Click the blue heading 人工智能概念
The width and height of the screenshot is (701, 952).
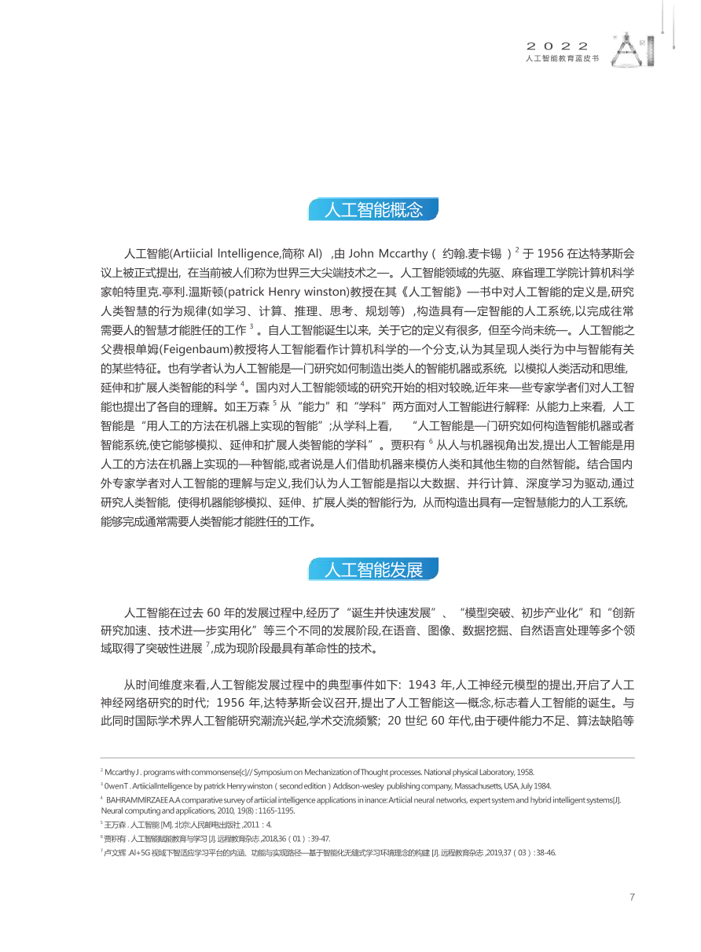coord(373,210)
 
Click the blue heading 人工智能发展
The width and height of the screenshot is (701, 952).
coord(373,569)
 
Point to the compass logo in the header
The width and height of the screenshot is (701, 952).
coord(629,50)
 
